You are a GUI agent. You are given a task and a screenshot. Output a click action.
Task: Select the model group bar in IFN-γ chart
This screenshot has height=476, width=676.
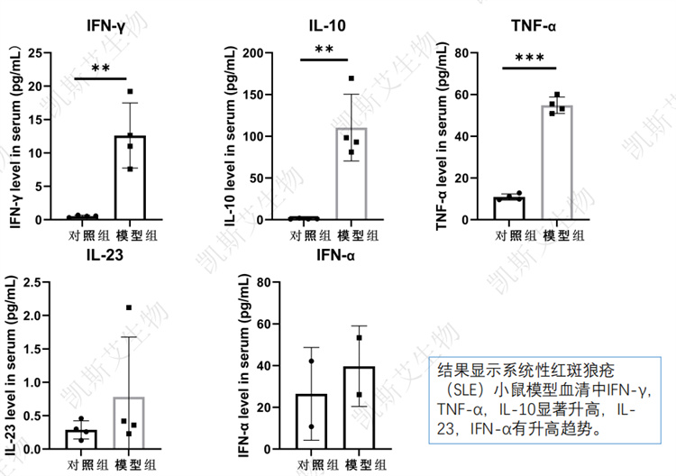[130, 178]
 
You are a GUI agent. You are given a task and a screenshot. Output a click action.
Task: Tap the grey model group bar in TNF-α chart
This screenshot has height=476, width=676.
[558, 162]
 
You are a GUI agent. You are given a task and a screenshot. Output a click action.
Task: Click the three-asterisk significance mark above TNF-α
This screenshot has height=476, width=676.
[529, 59]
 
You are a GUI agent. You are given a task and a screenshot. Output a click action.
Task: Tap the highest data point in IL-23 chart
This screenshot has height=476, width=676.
[129, 308]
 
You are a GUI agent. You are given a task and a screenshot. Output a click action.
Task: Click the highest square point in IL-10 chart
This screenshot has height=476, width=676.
[352, 79]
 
